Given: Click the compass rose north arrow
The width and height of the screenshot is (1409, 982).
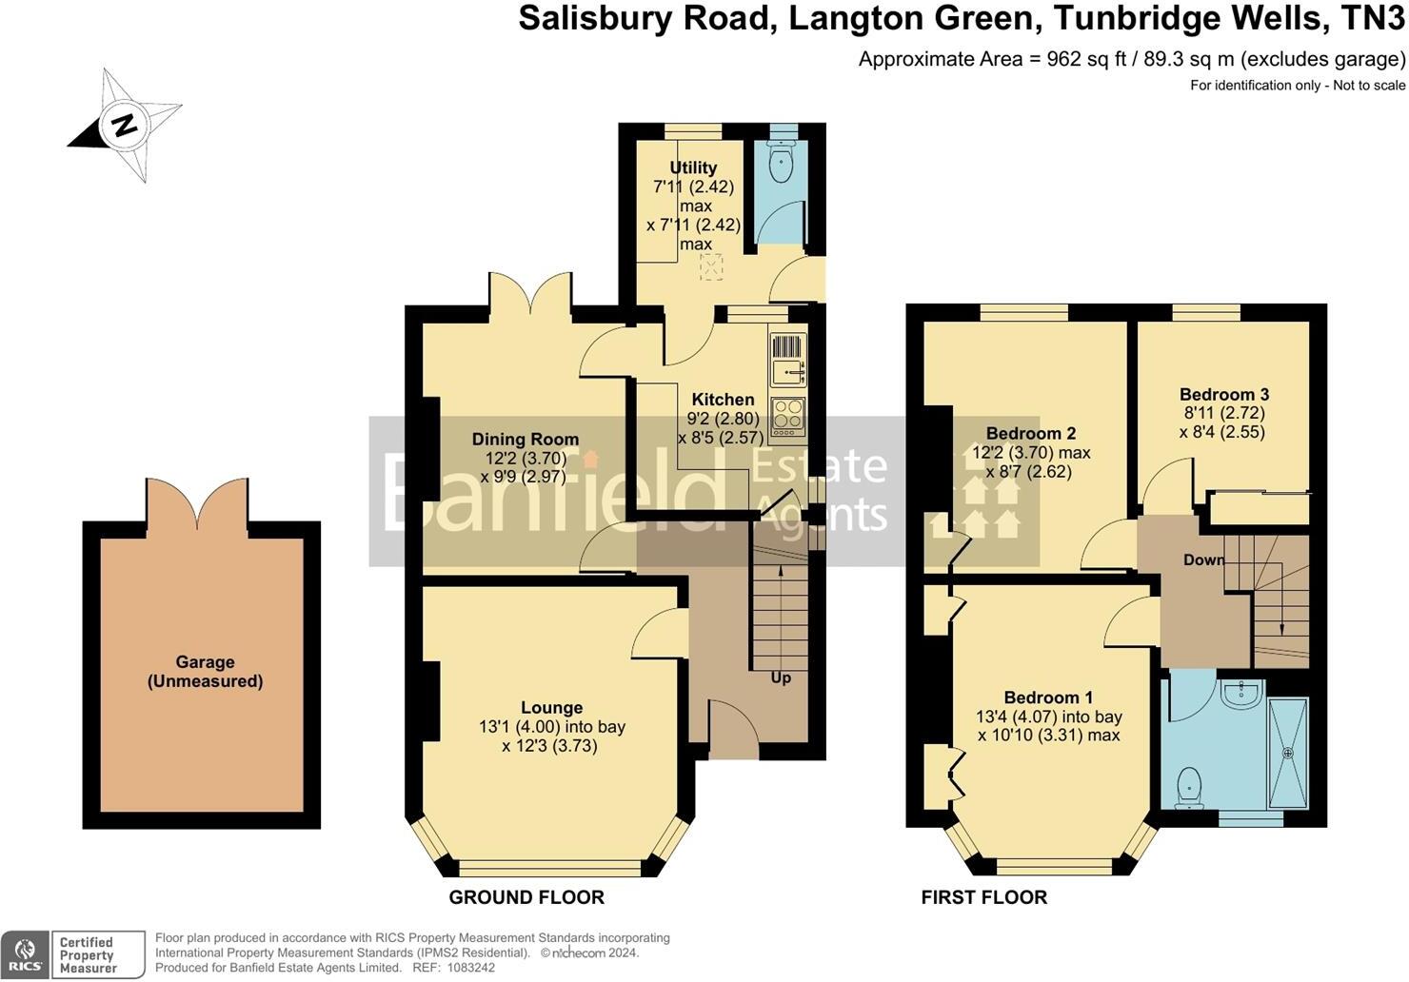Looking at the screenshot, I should click(123, 125).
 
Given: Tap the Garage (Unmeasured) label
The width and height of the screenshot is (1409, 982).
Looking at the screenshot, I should click(205, 672).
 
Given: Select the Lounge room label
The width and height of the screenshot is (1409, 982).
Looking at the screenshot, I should click(551, 708).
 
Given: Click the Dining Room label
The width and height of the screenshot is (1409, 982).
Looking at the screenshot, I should click(525, 440).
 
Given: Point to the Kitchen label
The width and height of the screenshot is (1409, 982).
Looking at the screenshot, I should click(723, 400).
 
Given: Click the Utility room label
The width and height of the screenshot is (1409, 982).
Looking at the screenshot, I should click(693, 167).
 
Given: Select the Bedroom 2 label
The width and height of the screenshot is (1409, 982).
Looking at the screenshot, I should click(1031, 434).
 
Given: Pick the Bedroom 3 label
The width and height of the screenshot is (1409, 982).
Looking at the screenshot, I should click(1223, 395).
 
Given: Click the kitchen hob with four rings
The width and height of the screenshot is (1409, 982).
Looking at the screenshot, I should click(787, 417).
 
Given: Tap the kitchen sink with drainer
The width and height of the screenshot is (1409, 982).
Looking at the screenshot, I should click(787, 360).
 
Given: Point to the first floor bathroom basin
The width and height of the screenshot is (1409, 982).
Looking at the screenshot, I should click(1241, 694).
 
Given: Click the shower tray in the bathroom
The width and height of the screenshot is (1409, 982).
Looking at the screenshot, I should click(1288, 753).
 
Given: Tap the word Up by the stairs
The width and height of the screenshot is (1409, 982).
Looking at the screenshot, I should click(781, 678).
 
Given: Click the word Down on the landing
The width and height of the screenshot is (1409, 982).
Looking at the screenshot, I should click(1203, 560).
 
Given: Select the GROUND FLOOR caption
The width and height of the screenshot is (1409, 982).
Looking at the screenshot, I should click(526, 897).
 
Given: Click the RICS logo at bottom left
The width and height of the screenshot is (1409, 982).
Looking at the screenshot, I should click(26, 954).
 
